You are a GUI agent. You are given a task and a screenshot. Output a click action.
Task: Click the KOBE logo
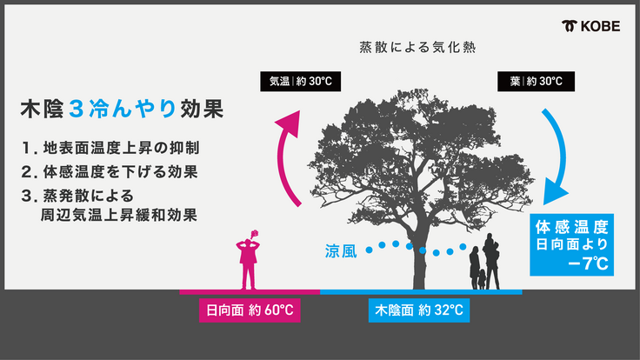click(x=591, y=26)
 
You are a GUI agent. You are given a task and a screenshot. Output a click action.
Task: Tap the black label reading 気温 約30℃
click(x=300, y=81)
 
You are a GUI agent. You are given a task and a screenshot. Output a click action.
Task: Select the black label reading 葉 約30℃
click(x=536, y=81)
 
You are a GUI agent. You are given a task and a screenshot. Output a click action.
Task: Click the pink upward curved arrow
click(x=288, y=158)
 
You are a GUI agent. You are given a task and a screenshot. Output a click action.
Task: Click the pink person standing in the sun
click(x=248, y=260)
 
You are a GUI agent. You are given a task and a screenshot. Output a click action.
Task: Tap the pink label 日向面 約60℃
click(x=250, y=310)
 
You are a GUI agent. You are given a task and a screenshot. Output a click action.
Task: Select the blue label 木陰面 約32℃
click(x=419, y=310)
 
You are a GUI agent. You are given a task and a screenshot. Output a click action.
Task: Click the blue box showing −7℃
click(x=571, y=245)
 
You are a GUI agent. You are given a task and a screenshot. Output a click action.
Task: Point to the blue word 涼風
click(x=341, y=251)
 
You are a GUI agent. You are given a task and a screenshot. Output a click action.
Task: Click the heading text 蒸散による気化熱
click(x=417, y=47)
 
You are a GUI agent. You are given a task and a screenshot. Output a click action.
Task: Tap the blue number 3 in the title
click(x=77, y=109)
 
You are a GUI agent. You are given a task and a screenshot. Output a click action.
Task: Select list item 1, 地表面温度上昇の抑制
click(x=110, y=148)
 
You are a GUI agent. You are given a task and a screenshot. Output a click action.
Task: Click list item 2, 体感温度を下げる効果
click(x=110, y=172)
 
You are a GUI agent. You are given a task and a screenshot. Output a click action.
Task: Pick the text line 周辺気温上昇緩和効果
click(x=119, y=215)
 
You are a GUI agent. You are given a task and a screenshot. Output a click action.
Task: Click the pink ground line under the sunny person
click(x=250, y=292)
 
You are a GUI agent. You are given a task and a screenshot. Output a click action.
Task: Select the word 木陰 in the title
click(x=42, y=109)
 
